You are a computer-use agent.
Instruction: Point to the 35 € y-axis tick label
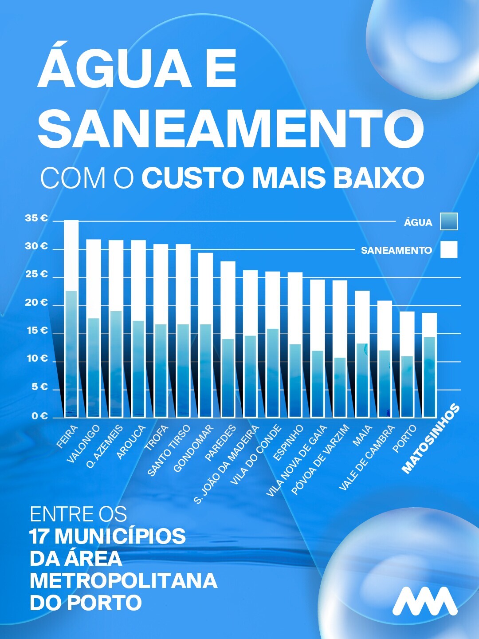[37, 218]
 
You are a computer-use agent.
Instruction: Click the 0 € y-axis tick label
[39, 416]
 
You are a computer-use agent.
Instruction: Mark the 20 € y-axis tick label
[37, 303]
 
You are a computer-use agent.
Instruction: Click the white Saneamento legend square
[448, 249]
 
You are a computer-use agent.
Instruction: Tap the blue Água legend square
[448, 221]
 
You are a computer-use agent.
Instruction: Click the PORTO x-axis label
[405, 439]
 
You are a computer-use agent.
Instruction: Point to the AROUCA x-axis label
[131, 442]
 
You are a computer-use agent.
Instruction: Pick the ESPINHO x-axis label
[288, 442]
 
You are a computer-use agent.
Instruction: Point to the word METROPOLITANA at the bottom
[123, 580]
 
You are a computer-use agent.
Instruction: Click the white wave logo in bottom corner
[424, 601]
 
